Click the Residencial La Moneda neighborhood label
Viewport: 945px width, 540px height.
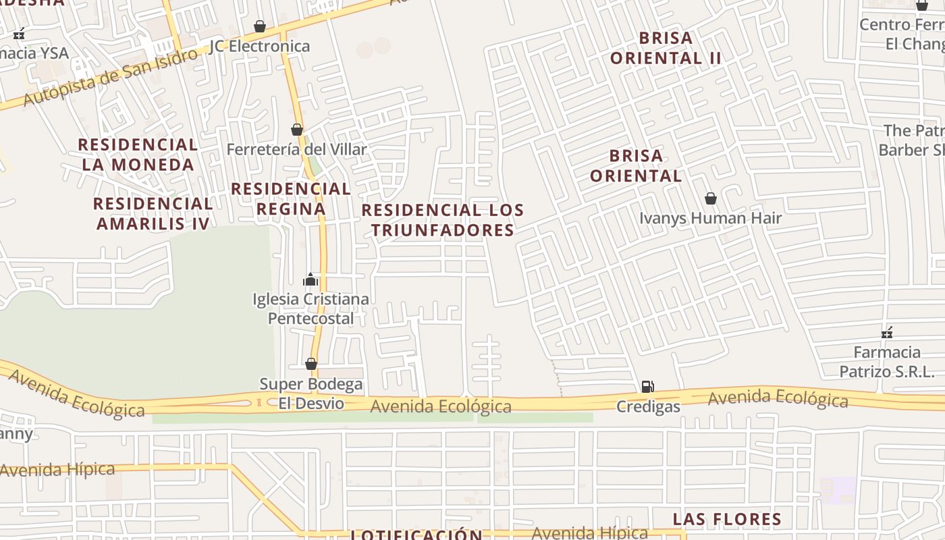click(x=138, y=155)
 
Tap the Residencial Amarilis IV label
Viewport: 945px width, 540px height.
click(x=153, y=213)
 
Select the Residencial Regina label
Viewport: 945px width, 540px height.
click(x=291, y=198)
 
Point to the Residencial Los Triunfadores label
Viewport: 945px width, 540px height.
click(x=443, y=220)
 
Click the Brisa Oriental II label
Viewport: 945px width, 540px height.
click(x=666, y=48)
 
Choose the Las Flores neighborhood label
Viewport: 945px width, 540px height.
click(x=727, y=519)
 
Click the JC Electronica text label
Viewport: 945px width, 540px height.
click(x=260, y=46)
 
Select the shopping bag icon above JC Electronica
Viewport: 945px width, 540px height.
click(x=260, y=26)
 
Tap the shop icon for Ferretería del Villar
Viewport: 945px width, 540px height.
click(x=297, y=130)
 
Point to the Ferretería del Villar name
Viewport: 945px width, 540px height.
click(x=297, y=149)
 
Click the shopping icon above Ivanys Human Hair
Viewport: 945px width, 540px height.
click(x=710, y=198)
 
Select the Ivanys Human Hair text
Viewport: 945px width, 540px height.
click(x=710, y=218)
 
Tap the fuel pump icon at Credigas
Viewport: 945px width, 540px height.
click(x=647, y=387)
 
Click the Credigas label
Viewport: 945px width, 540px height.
click(x=648, y=407)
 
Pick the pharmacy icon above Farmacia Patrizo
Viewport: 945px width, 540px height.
click(x=887, y=332)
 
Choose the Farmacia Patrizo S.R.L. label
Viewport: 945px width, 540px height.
click(x=887, y=362)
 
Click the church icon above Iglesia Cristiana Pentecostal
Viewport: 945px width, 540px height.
click(x=310, y=279)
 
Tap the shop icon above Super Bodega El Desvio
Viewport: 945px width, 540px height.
click(x=311, y=364)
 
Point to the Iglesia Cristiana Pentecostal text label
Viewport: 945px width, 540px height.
click(x=310, y=308)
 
